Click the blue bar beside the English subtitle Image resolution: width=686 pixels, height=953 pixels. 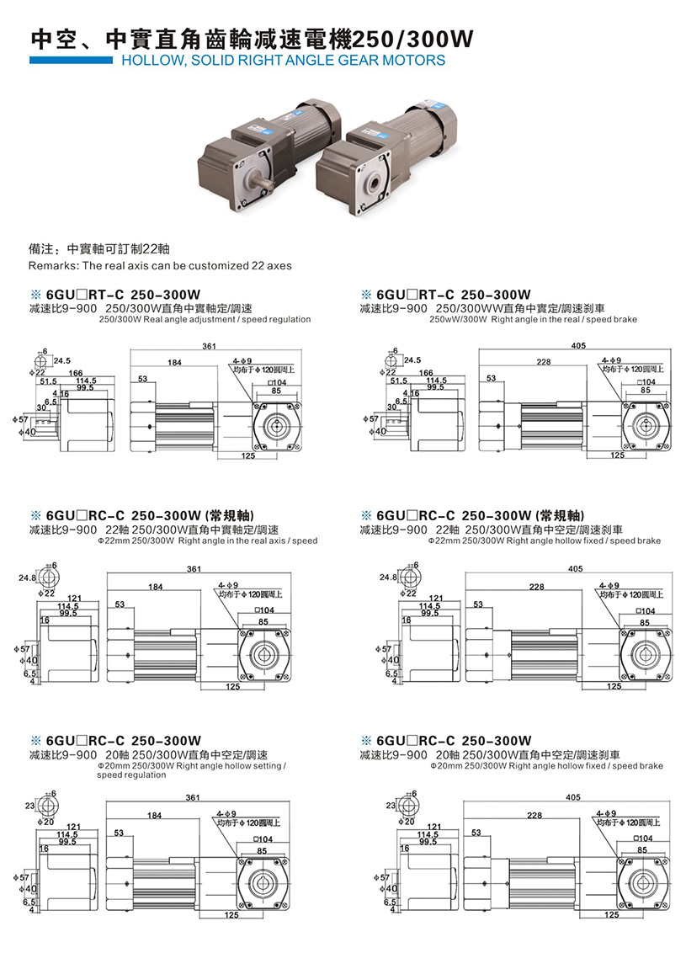[x=71, y=60]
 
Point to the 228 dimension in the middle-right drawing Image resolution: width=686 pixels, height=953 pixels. [x=536, y=587]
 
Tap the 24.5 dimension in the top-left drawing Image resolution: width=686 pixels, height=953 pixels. [x=61, y=361]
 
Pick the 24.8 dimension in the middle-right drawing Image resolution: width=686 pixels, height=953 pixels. [x=387, y=578]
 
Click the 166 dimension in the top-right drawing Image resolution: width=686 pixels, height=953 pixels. [x=426, y=372]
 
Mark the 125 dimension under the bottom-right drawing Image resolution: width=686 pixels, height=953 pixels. [x=611, y=914]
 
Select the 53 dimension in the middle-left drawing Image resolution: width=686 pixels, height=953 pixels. [x=120, y=604]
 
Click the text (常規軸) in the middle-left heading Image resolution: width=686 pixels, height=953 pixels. [x=230, y=514]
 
